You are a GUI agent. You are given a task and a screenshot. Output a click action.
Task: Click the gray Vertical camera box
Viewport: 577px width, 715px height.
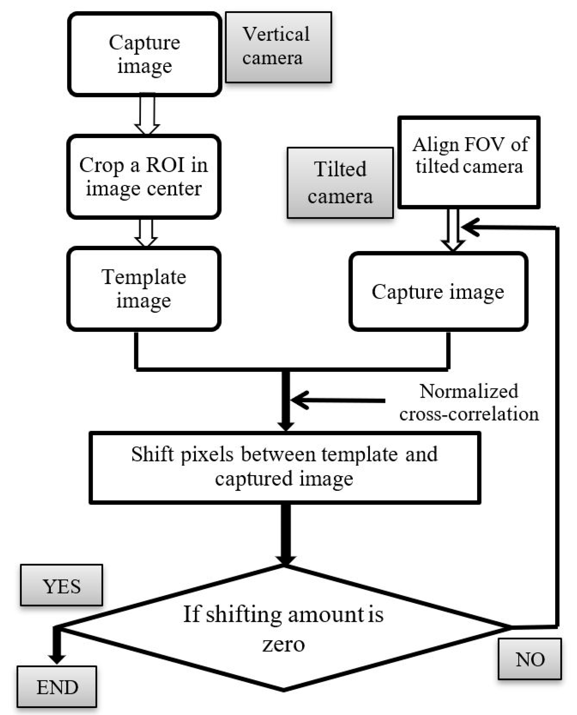(278, 47)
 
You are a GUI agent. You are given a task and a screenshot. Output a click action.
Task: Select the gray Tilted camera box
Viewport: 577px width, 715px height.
(340, 183)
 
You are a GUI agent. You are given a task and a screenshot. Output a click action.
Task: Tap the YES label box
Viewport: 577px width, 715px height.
(62, 586)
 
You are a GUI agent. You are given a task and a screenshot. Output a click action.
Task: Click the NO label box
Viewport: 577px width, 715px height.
(529, 659)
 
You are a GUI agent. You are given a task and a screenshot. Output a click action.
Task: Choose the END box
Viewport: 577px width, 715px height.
(57, 687)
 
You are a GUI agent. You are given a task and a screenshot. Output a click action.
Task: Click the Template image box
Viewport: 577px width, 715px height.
(144, 289)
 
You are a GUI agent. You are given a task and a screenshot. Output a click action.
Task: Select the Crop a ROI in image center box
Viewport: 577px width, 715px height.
(144, 176)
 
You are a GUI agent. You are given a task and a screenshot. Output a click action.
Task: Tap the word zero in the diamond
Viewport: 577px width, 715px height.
(283, 645)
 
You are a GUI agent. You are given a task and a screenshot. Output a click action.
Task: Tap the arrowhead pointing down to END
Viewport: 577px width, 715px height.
(57, 657)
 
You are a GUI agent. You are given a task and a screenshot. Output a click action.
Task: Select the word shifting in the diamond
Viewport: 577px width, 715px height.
(244, 614)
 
